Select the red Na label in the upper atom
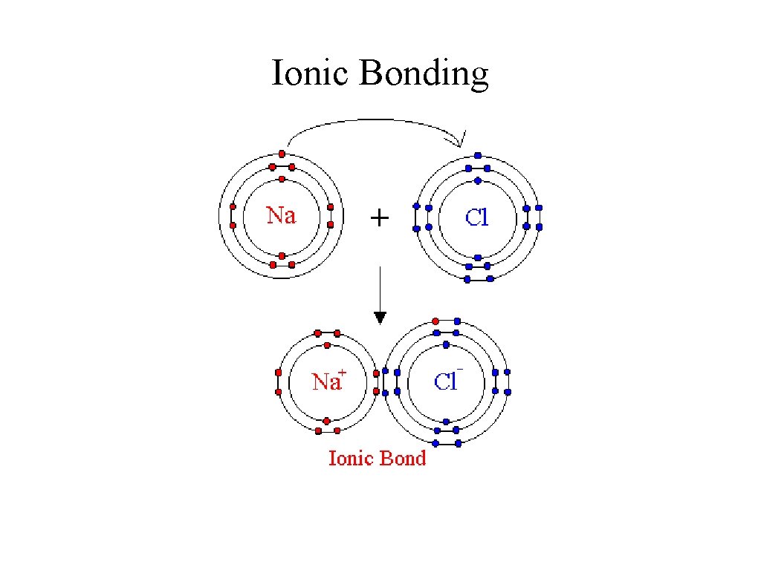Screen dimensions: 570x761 [282, 216]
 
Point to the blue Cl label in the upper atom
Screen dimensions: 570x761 [476, 217]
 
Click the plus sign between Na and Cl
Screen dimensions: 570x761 [379, 217]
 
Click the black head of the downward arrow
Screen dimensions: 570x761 [380, 317]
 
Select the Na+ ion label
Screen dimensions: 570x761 [327, 381]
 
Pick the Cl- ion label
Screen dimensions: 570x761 [447, 381]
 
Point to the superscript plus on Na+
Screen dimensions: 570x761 [342, 372]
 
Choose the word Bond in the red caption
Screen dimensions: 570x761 [403, 458]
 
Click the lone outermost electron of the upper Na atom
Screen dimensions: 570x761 [282, 154]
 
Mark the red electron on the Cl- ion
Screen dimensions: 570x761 [435, 322]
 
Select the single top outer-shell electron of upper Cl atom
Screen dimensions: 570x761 [477, 155]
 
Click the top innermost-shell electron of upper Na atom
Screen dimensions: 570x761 [282, 179]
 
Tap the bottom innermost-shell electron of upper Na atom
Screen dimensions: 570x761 [282, 255]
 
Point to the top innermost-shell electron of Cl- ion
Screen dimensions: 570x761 [446, 344]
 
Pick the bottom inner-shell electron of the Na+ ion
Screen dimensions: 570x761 [327, 420]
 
